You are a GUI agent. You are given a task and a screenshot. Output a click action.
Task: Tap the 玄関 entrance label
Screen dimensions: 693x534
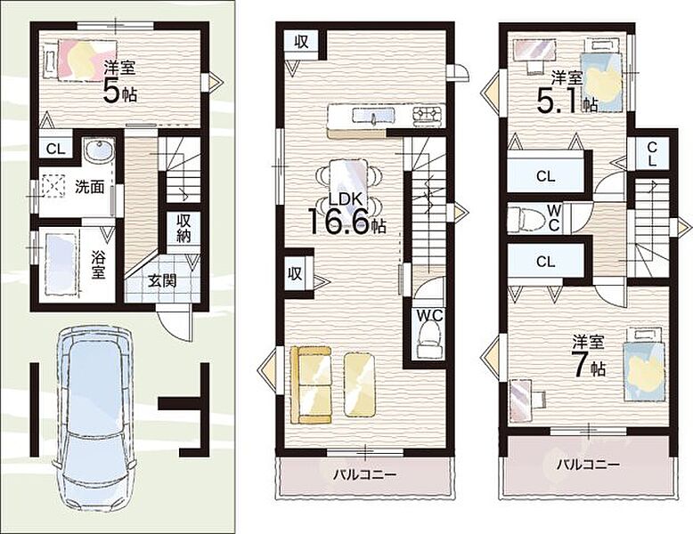(x=162, y=280)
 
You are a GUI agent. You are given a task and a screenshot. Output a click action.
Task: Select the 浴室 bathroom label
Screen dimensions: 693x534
(x=98, y=264)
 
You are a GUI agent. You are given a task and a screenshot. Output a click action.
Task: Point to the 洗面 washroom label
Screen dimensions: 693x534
(x=89, y=187)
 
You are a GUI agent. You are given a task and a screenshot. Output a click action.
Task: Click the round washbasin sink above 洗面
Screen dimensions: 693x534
(x=99, y=151)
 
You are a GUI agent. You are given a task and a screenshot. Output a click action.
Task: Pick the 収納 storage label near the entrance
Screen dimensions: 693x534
(x=183, y=228)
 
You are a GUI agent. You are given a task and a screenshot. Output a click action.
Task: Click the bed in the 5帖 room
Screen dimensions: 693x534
(x=80, y=61)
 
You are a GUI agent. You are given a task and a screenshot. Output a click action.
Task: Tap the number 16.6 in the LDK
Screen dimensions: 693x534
(x=337, y=221)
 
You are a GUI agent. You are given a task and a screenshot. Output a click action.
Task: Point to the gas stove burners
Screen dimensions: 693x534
(x=427, y=115)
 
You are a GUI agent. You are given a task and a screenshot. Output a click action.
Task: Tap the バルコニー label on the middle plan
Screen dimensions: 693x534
(x=365, y=475)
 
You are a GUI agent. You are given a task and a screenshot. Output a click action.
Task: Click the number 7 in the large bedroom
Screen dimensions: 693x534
(x=580, y=365)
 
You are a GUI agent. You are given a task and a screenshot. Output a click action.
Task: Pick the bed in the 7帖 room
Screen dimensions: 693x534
(x=643, y=364)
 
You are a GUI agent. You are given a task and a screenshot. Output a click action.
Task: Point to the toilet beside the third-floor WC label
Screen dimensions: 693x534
(x=526, y=218)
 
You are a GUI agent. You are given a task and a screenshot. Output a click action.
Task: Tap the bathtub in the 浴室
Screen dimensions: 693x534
(x=61, y=264)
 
